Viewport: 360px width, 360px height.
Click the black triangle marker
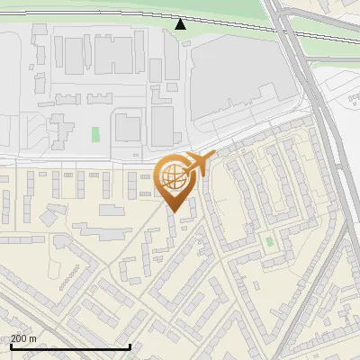tap(181, 23)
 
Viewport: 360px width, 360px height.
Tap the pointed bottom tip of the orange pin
tap(175, 212)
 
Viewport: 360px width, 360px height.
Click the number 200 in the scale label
tap(19, 338)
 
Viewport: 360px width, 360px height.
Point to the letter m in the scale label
tap(32, 338)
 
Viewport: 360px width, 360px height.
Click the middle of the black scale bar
tap(70, 346)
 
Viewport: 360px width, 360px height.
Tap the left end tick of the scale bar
tap(10, 345)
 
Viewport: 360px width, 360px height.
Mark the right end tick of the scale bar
tap(130, 345)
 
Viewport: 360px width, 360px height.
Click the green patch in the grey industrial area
tap(95, 134)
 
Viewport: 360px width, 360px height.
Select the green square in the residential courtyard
tap(269, 241)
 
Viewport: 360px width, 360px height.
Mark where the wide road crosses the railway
tap(286, 30)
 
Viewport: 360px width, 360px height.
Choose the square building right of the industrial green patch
tap(128, 128)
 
